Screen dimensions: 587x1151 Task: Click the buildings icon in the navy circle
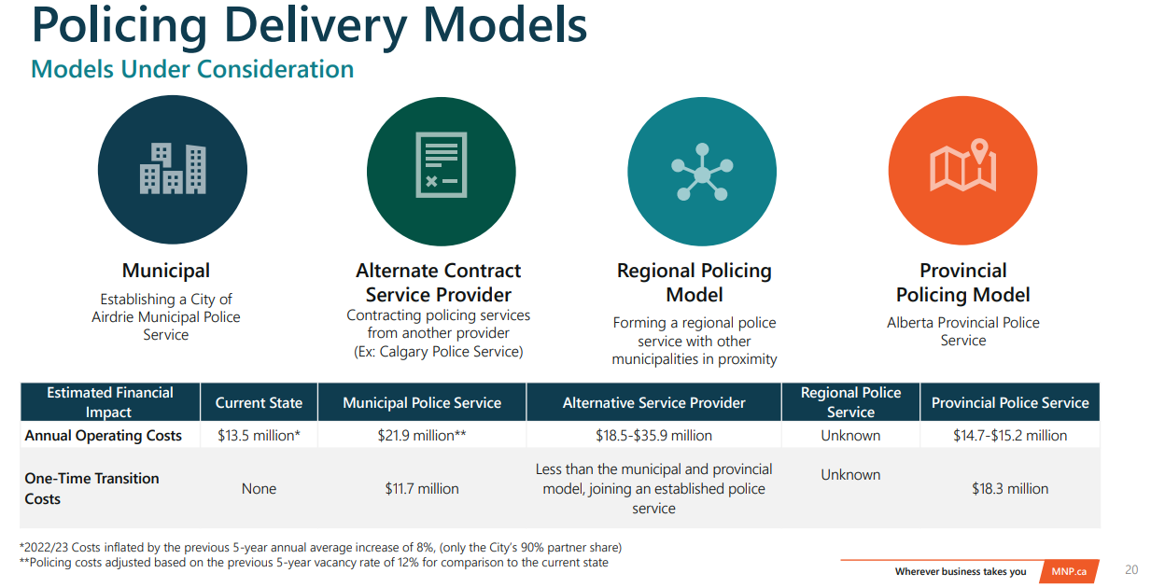tap(173, 169)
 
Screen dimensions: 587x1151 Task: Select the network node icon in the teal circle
tap(701, 172)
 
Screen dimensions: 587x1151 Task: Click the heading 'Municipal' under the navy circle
tap(166, 271)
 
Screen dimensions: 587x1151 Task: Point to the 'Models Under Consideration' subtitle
tap(192, 69)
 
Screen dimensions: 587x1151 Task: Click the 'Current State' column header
tap(259, 403)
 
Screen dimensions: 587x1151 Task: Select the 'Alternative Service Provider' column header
tap(653, 403)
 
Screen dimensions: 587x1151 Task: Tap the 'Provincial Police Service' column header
tap(1010, 403)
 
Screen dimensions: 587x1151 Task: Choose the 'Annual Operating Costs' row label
tap(104, 436)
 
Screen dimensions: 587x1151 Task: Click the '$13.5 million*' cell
tap(259, 436)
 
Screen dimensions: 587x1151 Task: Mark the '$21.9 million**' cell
tap(422, 436)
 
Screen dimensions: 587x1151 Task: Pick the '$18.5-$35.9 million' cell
tap(653, 436)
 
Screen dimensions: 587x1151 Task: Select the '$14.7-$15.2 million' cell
tap(1010, 436)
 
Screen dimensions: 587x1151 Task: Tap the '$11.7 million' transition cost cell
tap(422, 489)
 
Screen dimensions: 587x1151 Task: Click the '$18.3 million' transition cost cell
tap(1010, 489)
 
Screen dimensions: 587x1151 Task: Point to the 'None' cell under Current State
tap(259, 489)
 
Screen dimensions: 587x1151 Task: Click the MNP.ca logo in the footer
tap(1069, 571)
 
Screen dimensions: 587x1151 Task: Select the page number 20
tap(1131, 570)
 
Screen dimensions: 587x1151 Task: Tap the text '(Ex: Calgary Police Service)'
tap(439, 352)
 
